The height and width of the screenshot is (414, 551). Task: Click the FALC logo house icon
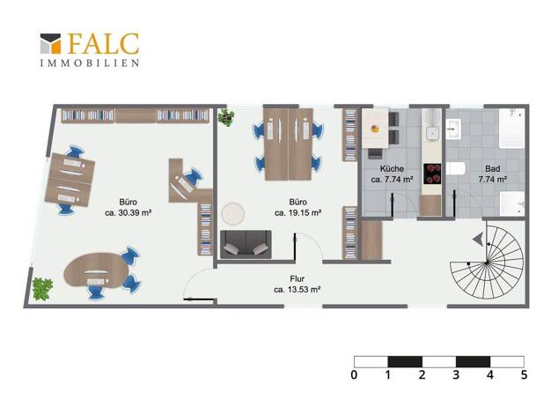[x=50, y=44]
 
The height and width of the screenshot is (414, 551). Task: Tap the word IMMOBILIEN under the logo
[x=90, y=63]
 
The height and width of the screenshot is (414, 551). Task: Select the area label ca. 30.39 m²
[x=129, y=213]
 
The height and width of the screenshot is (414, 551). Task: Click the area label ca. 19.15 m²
[x=298, y=213]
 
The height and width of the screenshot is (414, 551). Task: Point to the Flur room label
[x=297, y=278]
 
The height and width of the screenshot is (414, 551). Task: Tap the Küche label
[x=392, y=168]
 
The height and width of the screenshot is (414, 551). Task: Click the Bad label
[x=492, y=168]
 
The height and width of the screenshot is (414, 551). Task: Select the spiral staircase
[x=487, y=262]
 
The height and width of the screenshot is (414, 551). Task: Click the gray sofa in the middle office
[x=246, y=245]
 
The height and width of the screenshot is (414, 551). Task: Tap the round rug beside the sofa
[x=233, y=213]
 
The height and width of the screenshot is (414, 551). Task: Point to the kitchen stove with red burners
[x=432, y=174]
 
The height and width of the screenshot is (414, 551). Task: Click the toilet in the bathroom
[x=456, y=168]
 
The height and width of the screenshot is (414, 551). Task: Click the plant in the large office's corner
[x=42, y=289]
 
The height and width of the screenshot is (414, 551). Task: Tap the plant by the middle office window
[x=225, y=117]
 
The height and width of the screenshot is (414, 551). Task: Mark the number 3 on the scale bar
[x=456, y=374]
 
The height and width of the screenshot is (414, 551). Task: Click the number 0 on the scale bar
[x=354, y=374]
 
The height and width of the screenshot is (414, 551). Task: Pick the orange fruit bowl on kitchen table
[x=375, y=129]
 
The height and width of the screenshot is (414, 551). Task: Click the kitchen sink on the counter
[x=432, y=133]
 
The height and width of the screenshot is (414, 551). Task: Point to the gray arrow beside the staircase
[x=478, y=240]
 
